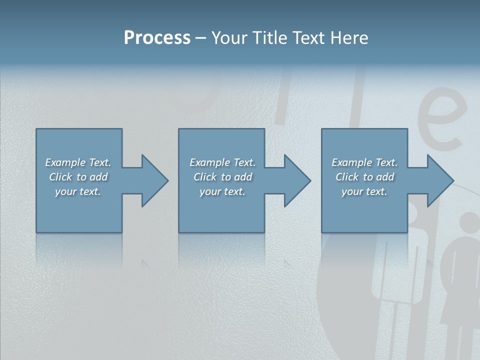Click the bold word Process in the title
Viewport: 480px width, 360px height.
157,38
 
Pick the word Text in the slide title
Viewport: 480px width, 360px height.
311,38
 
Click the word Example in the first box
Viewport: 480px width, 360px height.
65,162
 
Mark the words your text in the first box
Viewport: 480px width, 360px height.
78,191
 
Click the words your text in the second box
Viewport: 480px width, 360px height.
222,191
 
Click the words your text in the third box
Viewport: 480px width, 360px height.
364,191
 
